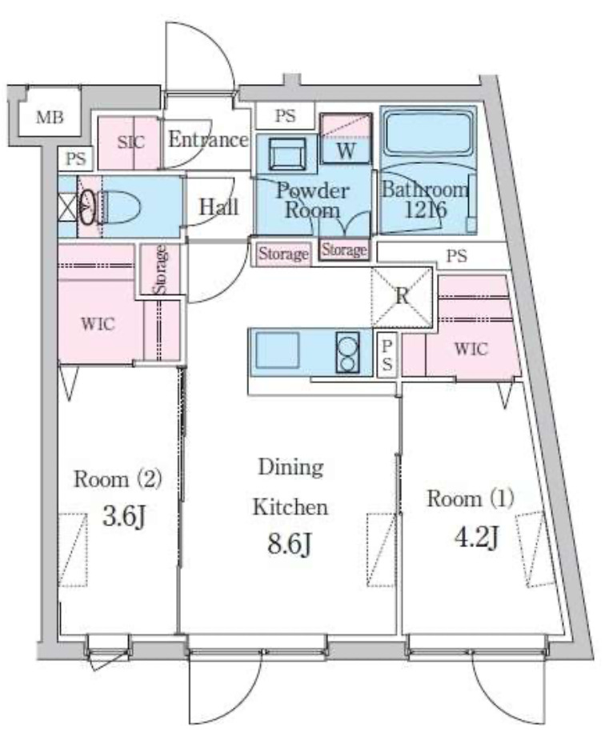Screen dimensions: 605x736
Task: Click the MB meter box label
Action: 50,117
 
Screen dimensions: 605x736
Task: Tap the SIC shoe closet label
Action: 130,142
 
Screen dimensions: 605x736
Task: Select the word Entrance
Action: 208,139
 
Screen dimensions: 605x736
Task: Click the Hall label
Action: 219,206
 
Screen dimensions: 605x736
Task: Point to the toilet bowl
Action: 118,207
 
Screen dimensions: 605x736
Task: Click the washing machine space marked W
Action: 347,138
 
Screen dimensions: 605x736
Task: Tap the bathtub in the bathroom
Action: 428,134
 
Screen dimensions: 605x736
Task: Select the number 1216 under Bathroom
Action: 426,210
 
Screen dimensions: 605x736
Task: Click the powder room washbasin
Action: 287,154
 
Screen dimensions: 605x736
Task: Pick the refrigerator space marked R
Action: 402,297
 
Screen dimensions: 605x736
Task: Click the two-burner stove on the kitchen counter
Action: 347,353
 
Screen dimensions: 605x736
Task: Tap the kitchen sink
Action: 278,350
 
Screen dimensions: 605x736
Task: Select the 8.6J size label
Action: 290,545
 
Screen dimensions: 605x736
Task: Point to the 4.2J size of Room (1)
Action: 476,537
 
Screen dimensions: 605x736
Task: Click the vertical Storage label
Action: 160,270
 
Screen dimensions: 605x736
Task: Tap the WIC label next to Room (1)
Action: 471,349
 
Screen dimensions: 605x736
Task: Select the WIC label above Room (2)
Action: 98,324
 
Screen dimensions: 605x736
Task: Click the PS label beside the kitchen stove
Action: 387,354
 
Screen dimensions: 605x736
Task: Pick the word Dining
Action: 290,467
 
